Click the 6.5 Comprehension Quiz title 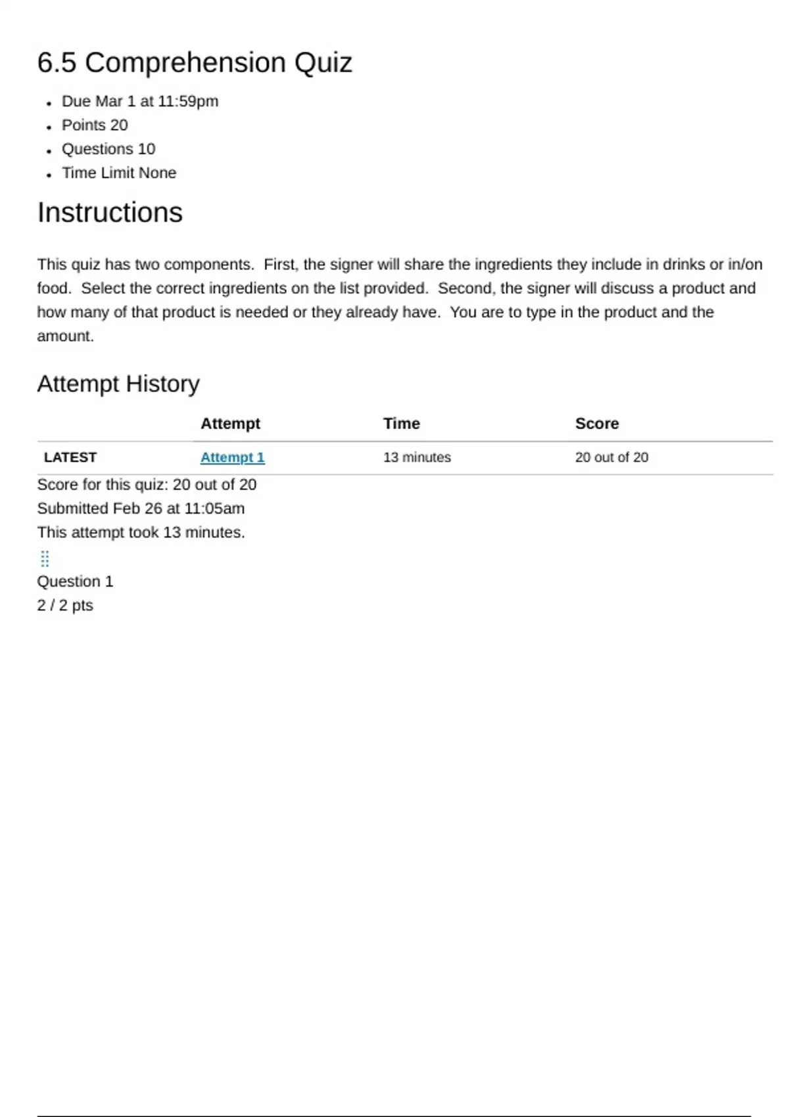tap(195, 63)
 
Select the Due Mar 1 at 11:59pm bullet tap(140, 101)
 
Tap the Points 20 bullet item tap(95, 125)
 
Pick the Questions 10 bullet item tap(108, 149)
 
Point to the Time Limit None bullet tap(119, 173)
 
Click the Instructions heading tap(110, 213)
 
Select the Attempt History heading tap(118, 384)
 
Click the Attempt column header tap(230, 424)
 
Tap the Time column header tap(401, 424)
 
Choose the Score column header tap(596, 424)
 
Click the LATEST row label tap(70, 457)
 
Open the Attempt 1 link tap(232, 457)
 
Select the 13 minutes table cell tap(417, 457)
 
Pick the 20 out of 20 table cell tap(611, 457)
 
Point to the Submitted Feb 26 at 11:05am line tap(141, 509)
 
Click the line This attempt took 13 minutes tap(141, 532)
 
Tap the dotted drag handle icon tap(45, 559)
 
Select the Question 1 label tap(75, 581)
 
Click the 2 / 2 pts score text tap(65, 605)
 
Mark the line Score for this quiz tap(147, 485)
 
